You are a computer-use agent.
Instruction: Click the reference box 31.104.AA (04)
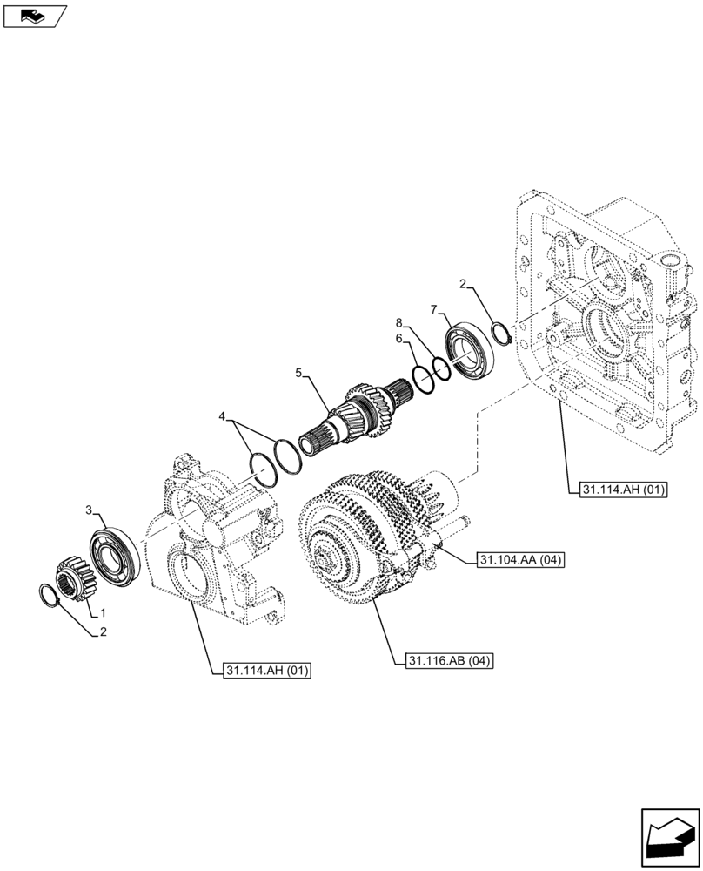coord(519,560)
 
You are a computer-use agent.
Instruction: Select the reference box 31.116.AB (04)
coord(449,661)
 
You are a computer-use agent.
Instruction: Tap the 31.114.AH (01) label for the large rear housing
coord(619,490)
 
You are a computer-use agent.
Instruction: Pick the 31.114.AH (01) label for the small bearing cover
coord(267,670)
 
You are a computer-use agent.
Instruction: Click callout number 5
coord(299,373)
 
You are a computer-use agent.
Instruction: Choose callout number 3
coord(90,509)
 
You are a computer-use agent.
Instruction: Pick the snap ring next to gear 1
coord(51,597)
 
